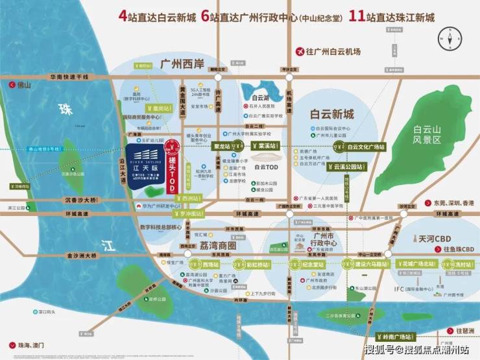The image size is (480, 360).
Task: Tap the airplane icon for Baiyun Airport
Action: pyautogui.click(x=300, y=51)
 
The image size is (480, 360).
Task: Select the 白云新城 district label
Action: pyautogui.click(x=332, y=114)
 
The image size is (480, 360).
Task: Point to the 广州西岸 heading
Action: pyautogui.click(x=182, y=64)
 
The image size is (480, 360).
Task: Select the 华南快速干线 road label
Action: pyautogui.click(x=69, y=76)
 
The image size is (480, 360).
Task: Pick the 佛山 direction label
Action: pyautogui.click(x=24, y=85)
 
